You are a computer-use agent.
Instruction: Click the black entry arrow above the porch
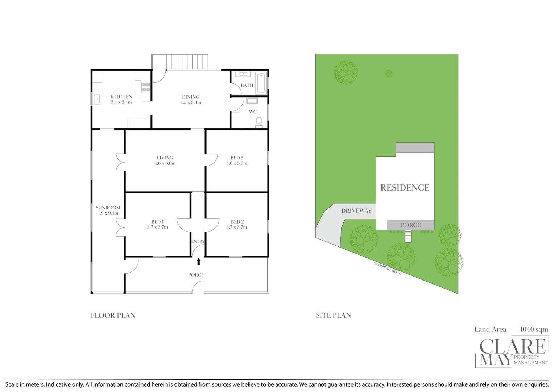[198, 261]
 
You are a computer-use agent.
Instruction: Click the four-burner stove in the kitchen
[146, 87]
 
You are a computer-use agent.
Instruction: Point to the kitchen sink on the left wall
[97, 99]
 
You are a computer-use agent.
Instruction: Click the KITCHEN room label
[121, 99]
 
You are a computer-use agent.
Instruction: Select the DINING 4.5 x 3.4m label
[191, 99]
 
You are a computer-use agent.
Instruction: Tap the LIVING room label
[165, 160]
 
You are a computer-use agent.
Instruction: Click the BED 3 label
[237, 160]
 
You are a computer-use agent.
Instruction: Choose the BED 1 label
[157, 224]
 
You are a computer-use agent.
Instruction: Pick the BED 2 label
[236, 224]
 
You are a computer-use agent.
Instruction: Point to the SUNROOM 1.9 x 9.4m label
[108, 210]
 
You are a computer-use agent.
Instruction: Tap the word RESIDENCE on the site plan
[405, 188]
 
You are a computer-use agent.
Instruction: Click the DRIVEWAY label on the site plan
[356, 211]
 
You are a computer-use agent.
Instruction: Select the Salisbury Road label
[388, 268]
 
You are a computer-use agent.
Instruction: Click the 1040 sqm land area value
[534, 330]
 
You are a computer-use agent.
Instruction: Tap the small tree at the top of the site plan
[389, 74]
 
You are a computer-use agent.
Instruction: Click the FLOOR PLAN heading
[113, 315]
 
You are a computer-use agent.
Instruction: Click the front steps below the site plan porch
[409, 237]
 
